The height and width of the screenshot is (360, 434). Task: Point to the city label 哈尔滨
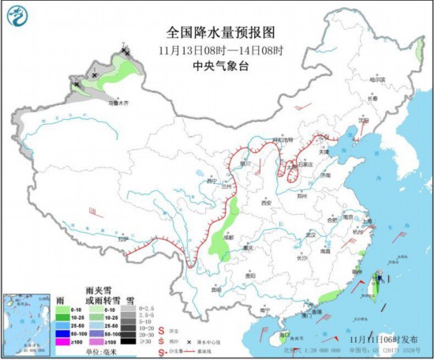(x=380, y=80)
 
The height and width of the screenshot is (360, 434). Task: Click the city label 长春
(x=372, y=99)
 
